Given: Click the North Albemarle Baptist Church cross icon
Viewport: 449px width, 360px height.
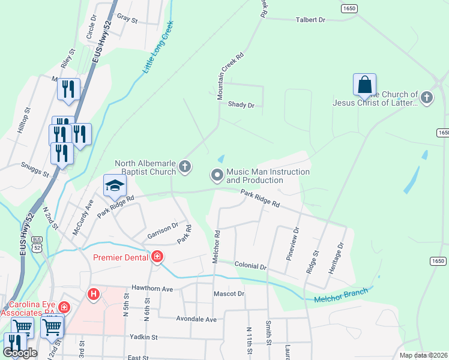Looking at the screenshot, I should tap(185, 166).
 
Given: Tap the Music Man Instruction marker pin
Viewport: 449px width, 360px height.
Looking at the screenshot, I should tap(217, 175).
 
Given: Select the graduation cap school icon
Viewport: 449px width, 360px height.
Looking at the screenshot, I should tap(115, 185).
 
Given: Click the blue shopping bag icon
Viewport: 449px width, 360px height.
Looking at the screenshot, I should tap(364, 85).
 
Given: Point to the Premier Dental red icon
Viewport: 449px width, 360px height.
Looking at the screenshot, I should tap(157, 257).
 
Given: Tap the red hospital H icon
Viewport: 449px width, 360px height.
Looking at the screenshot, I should tap(94, 294).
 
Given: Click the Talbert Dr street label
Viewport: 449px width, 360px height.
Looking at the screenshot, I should tap(310, 20).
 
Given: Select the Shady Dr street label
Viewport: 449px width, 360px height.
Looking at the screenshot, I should tap(241, 105).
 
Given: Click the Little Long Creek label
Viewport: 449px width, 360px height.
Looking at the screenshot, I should tap(158, 47).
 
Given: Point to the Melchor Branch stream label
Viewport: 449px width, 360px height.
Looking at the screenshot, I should tap(340, 296).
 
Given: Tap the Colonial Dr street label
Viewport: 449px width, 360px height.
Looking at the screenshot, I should tap(250, 265).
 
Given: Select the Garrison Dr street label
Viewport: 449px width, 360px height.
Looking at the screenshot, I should tap(163, 227).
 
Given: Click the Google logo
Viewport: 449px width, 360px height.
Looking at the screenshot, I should tap(20, 352).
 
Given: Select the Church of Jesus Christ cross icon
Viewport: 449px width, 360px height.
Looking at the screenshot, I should tap(426, 98).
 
